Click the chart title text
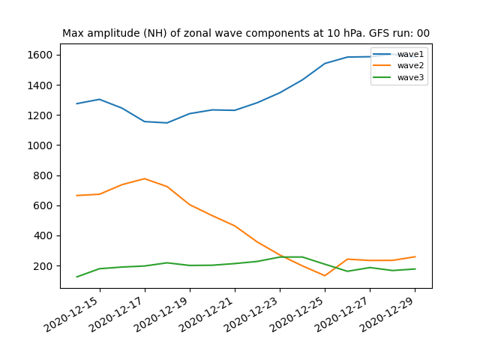pyautogui.click(x=246, y=33)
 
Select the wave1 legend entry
pyautogui.click(x=398, y=54)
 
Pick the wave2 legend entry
pyautogui.click(x=398, y=65)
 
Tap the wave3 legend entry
pyautogui.click(x=398, y=77)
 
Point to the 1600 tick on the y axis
pyautogui.click(x=40, y=55)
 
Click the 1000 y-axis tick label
pyautogui.click(x=40, y=145)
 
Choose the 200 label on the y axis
pyautogui.click(x=43, y=266)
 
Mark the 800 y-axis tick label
pyautogui.click(x=43, y=175)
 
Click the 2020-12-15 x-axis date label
pyautogui.click(x=73, y=314)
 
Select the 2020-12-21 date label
pyautogui.click(x=208, y=314)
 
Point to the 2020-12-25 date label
pyautogui.click(x=298, y=314)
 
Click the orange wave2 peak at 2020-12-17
pyautogui.click(x=145, y=178)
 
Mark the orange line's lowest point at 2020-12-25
pyautogui.click(x=325, y=275)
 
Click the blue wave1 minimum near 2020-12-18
pyautogui.click(x=166, y=123)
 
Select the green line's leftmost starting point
pyautogui.click(x=76, y=277)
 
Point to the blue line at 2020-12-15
pyautogui.click(x=100, y=99)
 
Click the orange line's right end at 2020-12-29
pyautogui.click(x=415, y=256)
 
